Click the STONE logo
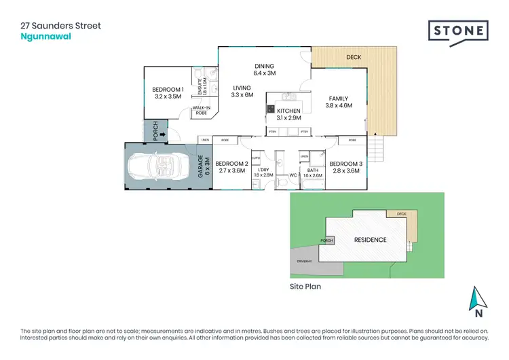[x=458, y=31]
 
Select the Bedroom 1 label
[x=166, y=94]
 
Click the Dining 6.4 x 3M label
[x=264, y=69]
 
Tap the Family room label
[x=338, y=102]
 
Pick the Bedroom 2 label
[x=231, y=167]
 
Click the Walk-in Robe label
[x=201, y=111]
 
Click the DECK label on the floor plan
[x=354, y=58]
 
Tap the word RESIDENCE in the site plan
[x=370, y=240]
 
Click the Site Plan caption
[x=305, y=287]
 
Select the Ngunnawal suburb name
[x=45, y=37]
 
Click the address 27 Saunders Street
[x=60, y=26]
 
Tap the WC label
[x=293, y=175]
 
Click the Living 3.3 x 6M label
[x=242, y=92]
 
